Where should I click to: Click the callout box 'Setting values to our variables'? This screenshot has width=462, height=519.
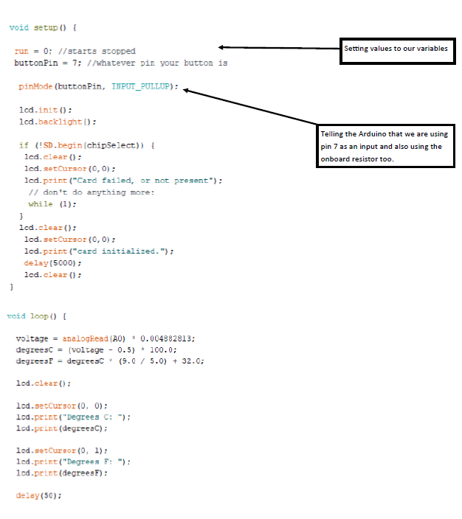396,49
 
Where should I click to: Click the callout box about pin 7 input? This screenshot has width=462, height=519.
384,146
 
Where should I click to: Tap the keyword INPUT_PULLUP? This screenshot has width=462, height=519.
144,86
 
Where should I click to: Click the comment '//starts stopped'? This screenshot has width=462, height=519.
96,51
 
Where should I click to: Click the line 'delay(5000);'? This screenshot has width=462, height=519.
48,262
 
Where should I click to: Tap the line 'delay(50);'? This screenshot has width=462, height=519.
38,495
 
